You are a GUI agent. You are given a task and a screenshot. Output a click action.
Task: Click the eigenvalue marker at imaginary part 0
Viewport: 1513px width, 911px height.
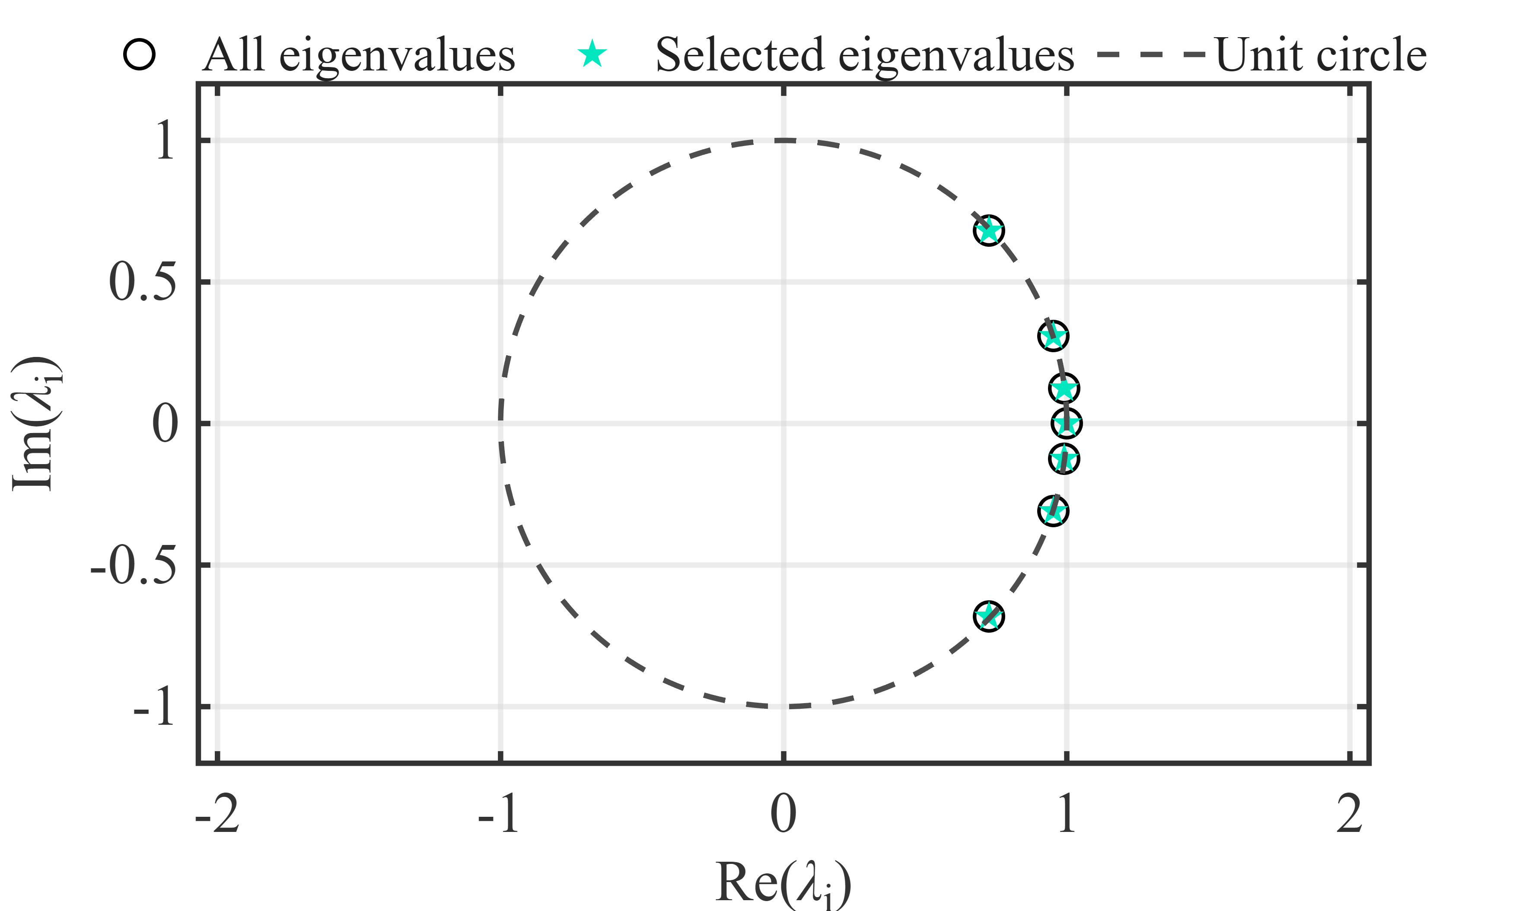pyautogui.click(x=1066, y=423)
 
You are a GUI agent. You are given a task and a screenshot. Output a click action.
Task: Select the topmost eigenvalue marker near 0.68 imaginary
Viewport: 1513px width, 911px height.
pyautogui.click(x=989, y=231)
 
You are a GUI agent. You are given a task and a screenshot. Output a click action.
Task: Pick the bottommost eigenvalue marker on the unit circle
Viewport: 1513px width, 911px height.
pyautogui.click(x=989, y=616)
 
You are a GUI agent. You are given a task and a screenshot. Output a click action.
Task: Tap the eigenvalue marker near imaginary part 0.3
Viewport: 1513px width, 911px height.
pyautogui.click(x=1053, y=336)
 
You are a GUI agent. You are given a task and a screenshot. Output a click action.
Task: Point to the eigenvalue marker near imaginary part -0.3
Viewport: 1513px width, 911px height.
pyautogui.click(x=1053, y=511)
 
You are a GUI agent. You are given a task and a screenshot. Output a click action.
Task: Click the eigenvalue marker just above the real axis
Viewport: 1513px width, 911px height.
pyautogui.click(x=1064, y=388)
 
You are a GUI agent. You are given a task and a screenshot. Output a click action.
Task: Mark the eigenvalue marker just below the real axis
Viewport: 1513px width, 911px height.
pyautogui.click(x=1064, y=459)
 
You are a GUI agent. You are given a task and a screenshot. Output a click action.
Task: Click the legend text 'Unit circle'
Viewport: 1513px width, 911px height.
pyautogui.click(x=1320, y=54)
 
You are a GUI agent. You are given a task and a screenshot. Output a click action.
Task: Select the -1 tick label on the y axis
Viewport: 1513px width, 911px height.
pyautogui.click(x=154, y=708)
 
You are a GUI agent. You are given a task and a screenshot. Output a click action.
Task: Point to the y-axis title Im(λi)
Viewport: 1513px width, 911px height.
pyautogui.click(x=37, y=424)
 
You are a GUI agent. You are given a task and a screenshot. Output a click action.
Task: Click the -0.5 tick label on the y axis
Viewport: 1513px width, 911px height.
pyautogui.click(x=133, y=565)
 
